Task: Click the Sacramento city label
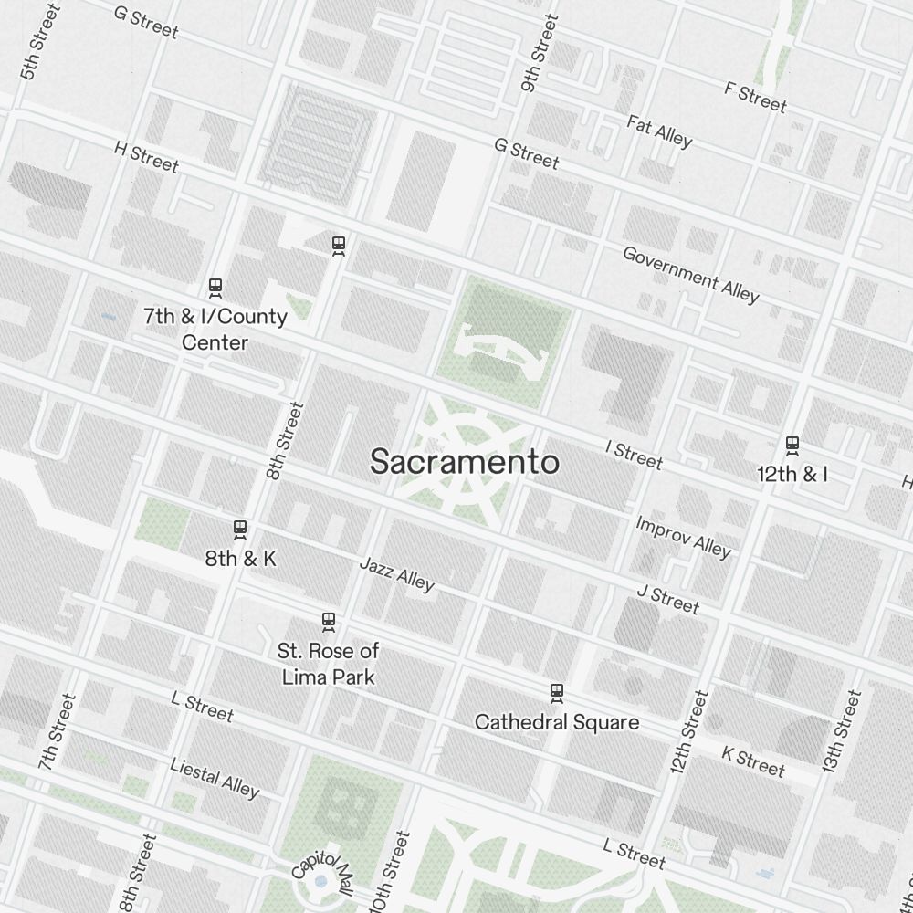click(464, 462)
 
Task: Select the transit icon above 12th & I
click(792, 446)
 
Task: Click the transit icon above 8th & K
click(240, 530)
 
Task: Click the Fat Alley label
click(659, 131)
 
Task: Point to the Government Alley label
click(690, 273)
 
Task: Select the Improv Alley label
click(683, 537)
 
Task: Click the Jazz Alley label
click(396, 573)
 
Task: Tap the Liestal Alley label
click(215, 777)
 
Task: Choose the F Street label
click(755, 97)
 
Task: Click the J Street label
click(667, 600)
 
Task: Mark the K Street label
click(752, 761)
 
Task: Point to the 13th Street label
click(841, 732)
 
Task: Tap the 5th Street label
click(40, 42)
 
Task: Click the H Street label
click(146, 157)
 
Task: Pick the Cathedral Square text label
click(556, 722)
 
